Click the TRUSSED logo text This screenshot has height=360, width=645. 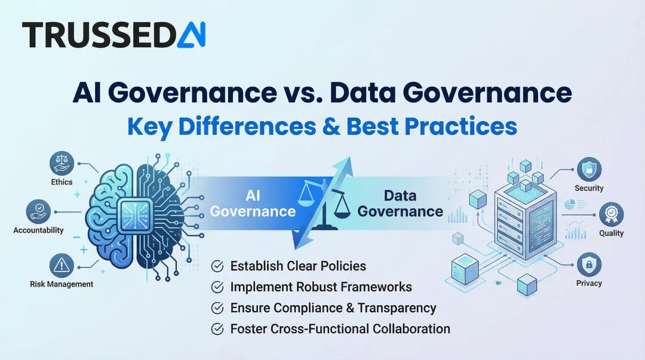pyautogui.click(x=98, y=35)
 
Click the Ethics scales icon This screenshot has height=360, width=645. pyautogui.click(x=62, y=162)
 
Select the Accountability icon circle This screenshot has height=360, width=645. pyautogui.click(x=38, y=211)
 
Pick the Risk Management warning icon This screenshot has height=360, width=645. pyautogui.click(x=62, y=264)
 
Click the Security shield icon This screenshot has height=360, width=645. pyautogui.click(x=589, y=169)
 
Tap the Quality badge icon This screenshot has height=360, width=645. pyautogui.click(x=611, y=214)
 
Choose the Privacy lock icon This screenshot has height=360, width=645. pyautogui.click(x=589, y=263)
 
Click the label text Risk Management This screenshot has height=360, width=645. pyautogui.click(x=62, y=284)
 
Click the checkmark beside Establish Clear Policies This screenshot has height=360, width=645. pyautogui.click(x=218, y=266)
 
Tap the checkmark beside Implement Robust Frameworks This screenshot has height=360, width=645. pyautogui.click(x=218, y=287)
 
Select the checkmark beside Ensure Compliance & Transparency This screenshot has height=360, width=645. pyautogui.click(x=218, y=308)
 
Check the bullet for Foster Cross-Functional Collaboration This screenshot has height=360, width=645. pyautogui.click(x=218, y=328)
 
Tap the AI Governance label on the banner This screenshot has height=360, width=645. pyautogui.click(x=253, y=204)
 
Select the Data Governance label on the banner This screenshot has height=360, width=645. pyautogui.click(x=400, y=204)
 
